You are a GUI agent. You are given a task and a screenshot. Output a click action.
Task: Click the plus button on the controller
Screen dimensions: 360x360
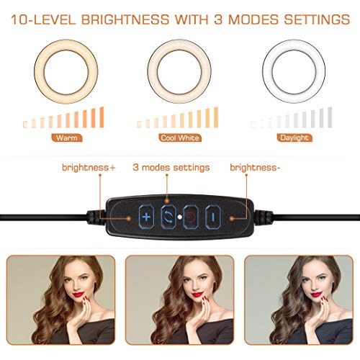point(146,217)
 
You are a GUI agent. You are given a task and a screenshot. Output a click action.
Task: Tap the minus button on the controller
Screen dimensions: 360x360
point(213,217)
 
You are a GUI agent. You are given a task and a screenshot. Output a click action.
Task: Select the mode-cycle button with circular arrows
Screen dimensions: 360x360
point(168,217)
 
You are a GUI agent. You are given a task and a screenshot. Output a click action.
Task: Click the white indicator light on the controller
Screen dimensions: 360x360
point(179,217)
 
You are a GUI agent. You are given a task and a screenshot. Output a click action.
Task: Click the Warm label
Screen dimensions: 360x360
point(67,138)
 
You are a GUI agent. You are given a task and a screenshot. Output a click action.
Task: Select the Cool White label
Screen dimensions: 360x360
point(180,138)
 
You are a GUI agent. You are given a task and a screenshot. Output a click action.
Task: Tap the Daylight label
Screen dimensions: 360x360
point(294,138)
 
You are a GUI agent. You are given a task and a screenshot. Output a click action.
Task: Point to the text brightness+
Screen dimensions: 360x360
point(89,168)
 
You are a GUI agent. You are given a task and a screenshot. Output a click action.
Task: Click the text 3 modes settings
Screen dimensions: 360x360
point(171,168)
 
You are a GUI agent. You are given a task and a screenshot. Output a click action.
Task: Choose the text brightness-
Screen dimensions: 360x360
point(255,168)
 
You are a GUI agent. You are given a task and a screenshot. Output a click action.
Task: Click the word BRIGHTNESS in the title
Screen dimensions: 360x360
point(125,19)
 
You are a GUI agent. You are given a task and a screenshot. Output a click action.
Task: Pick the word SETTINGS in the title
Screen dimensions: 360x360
point(317,19)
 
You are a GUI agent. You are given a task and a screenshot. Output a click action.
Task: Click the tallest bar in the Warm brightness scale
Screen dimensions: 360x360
point(102,117)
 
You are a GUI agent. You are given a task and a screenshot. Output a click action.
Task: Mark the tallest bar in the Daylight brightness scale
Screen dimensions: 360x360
point(330,117)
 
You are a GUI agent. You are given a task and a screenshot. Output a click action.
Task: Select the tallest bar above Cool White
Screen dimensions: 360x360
point(216,117)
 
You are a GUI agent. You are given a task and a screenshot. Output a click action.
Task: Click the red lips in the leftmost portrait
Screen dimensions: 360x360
point(78,294)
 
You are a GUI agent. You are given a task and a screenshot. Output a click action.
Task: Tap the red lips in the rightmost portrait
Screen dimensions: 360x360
point(316,294)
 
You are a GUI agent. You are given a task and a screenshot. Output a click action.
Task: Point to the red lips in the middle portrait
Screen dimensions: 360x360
point(197,294)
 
